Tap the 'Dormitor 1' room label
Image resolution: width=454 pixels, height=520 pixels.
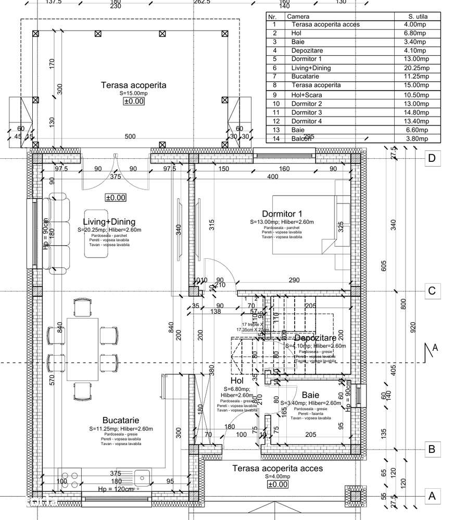click(x=282, y=213)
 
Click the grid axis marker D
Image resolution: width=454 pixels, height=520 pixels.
click(x=431, y=158)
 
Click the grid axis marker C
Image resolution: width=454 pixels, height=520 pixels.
click(x=431, y=290)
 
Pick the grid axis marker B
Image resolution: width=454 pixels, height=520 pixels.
click(x=431, y=449)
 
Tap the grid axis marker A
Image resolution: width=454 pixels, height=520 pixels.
click(x=431, y=496)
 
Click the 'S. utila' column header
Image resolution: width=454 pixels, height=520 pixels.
click(x=417, y=17)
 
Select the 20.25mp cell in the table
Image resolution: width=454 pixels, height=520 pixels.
click(x=417, y=68)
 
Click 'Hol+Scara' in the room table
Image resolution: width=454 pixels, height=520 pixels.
click(x=307, y=95)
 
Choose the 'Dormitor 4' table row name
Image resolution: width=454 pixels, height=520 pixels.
click(x=307, y=121)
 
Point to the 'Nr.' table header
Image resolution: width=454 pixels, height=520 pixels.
click(x=272, y=17)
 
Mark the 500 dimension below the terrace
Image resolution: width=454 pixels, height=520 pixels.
click(x=130, y=137)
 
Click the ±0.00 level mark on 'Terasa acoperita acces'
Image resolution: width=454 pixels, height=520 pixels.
click(x=278, y=484)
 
